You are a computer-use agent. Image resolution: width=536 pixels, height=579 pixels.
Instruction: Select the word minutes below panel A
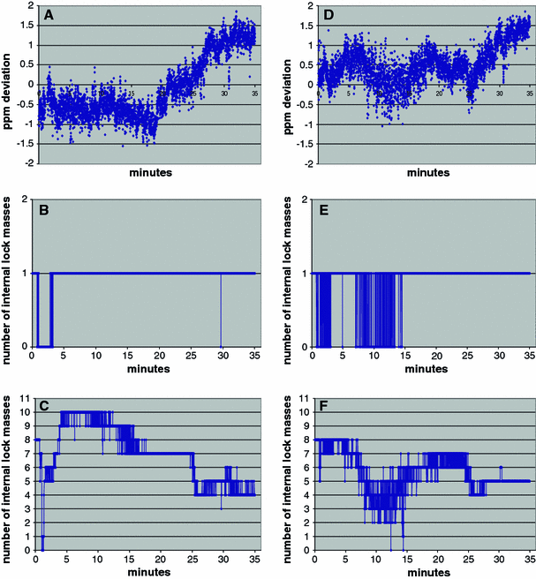pos(146,174)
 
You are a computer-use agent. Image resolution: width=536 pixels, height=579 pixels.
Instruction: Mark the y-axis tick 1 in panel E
pos(306,274)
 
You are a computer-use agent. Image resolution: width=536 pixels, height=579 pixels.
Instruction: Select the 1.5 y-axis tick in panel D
pos(301,26)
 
